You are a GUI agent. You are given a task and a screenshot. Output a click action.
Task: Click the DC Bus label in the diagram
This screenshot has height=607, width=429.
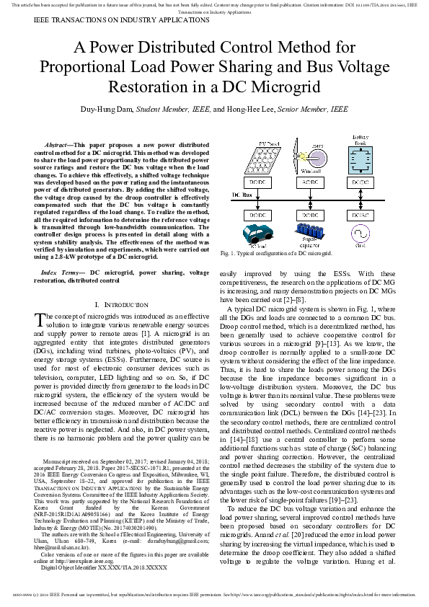click(x=241, y=195)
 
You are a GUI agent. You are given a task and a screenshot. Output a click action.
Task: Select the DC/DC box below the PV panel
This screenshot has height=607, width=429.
click(x=257, y=183)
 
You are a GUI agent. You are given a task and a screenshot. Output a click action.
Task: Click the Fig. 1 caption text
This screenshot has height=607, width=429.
click(x=275, y=254)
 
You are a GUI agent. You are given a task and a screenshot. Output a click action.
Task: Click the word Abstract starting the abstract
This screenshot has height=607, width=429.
click(x=59, y=145)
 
